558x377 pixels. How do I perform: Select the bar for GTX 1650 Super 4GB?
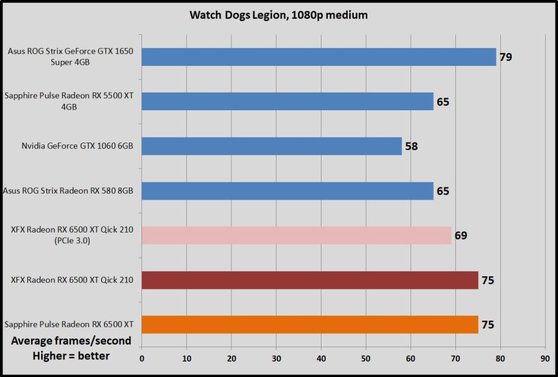[x=318, y=57]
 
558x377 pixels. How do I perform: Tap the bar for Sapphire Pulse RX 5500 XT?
[x=287, y=101]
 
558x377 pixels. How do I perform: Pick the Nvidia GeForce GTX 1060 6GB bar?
[x=271, y=146]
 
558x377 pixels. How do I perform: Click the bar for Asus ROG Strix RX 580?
[x=287, y=191]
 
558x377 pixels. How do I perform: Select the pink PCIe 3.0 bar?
[x=296, y=235]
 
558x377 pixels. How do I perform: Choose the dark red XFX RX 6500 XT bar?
[x=309, y=280]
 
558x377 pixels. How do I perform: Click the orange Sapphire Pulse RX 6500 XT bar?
[x=309, y=324]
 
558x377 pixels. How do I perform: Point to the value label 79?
[x=505, y=57]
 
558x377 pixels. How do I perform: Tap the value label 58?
[x=412, y=146]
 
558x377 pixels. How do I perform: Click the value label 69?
[x=461, y=236]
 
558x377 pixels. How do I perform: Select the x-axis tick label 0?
[x=141, y=358]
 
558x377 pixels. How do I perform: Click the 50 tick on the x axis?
[x=366, y=358]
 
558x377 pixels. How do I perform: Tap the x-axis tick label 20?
[x=231, y=358]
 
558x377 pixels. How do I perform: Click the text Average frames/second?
[x=71, y=341]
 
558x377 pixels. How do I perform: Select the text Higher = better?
[x=71, y=356]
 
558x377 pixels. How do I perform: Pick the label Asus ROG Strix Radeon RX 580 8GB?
[x=71, y=191]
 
